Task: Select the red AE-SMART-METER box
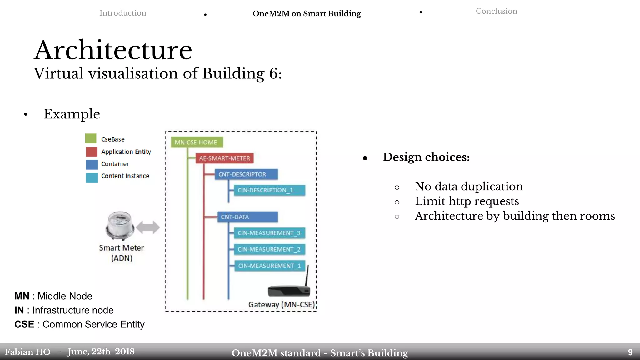[224, 158]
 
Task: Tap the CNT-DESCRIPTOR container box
[246, 174]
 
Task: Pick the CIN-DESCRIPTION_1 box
[269, 190]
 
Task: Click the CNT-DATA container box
[247, 217]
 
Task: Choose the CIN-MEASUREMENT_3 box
[269, 233]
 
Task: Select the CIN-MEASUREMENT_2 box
[269, 249]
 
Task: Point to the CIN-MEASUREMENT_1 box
[269, 266]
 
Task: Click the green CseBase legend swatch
[91, 138]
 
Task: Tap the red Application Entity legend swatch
[92, 152]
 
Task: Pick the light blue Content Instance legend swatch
[92, 177]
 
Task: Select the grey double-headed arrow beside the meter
[148, 227]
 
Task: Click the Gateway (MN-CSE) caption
[282, 305]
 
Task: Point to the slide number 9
[630, 352]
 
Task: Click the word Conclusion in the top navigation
[496, 11]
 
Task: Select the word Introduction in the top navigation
[123, 13]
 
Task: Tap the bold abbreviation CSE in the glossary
[24, 324]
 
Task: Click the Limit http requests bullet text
[467, 201]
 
